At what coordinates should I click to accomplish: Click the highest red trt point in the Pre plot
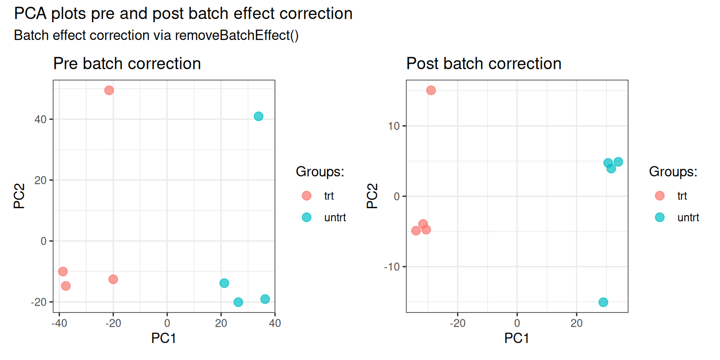[x=109, y=90]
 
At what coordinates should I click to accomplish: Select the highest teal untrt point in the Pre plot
[x=258, y=116]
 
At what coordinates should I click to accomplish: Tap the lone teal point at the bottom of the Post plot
[x=603, y=302]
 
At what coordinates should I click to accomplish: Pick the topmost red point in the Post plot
[x=431, y=90]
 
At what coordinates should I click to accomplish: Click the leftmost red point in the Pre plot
[x=63, y=271]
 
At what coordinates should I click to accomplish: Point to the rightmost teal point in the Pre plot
[x=265, y=299]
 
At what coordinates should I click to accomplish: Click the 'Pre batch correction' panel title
[x=127, y=63]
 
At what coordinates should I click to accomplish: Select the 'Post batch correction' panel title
[x=484, y=63]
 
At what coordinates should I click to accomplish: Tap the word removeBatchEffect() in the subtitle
[x=237, y=35]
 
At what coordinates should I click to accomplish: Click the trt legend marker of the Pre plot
[x=307, y=196]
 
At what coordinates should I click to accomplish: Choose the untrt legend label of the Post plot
[x=688, y=217]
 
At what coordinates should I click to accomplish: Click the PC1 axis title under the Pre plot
[x=164, y=338]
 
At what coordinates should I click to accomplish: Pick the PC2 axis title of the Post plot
[x=372, y=196]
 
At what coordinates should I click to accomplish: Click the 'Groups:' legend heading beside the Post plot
[x=673, y=172]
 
